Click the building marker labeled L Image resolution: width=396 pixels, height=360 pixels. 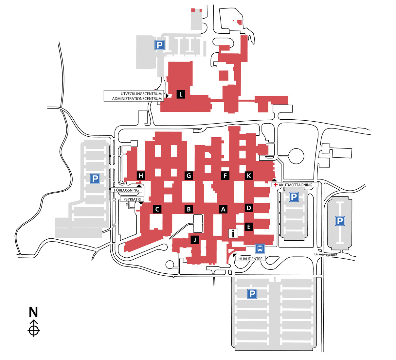[x=181, y=94]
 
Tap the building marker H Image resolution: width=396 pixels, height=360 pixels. [x=141, y=176]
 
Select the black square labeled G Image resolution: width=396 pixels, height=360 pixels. [x=189, y=176]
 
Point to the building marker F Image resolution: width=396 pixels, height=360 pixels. [x=225, y=176]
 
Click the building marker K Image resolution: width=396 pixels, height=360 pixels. [x=249, y=176]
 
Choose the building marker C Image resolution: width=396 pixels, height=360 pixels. [x=157, y=209]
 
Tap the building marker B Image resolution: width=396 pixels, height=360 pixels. [x=189, y=209]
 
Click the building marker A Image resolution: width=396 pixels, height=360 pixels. [x=224, y=209]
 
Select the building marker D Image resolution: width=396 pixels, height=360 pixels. [x=249, y=208]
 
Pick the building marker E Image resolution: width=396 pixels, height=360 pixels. [x=249, y=227]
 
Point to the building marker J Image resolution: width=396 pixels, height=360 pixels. [x=195, y=240]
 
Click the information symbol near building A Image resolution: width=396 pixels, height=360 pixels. [x=233, y=233]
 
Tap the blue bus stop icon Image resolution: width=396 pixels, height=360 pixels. [x=260, y=249]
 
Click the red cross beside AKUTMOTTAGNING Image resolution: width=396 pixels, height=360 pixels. [x=276, y=185]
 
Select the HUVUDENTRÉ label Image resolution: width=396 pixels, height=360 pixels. [x=250, y=259]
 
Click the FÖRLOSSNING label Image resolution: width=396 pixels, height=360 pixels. [x=126, y=190]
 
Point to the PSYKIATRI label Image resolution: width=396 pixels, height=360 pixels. [x=132, y=199]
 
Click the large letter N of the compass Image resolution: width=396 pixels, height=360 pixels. [x=33, y=312]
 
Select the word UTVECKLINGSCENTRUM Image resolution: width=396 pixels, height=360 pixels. [x=141, y=94]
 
